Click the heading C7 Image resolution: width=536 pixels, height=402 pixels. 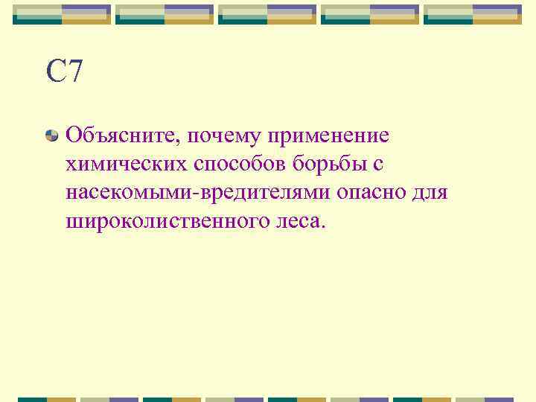tap(64, 71)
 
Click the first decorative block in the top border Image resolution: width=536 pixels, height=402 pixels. tap(62, 14)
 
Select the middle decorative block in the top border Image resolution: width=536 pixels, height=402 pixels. tap(267, 14)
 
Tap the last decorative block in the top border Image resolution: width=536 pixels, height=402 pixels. tap(473, 14)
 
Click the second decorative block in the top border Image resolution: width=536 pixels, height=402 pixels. tap(165, 14)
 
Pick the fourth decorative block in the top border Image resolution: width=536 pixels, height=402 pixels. tap(370, 14)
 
